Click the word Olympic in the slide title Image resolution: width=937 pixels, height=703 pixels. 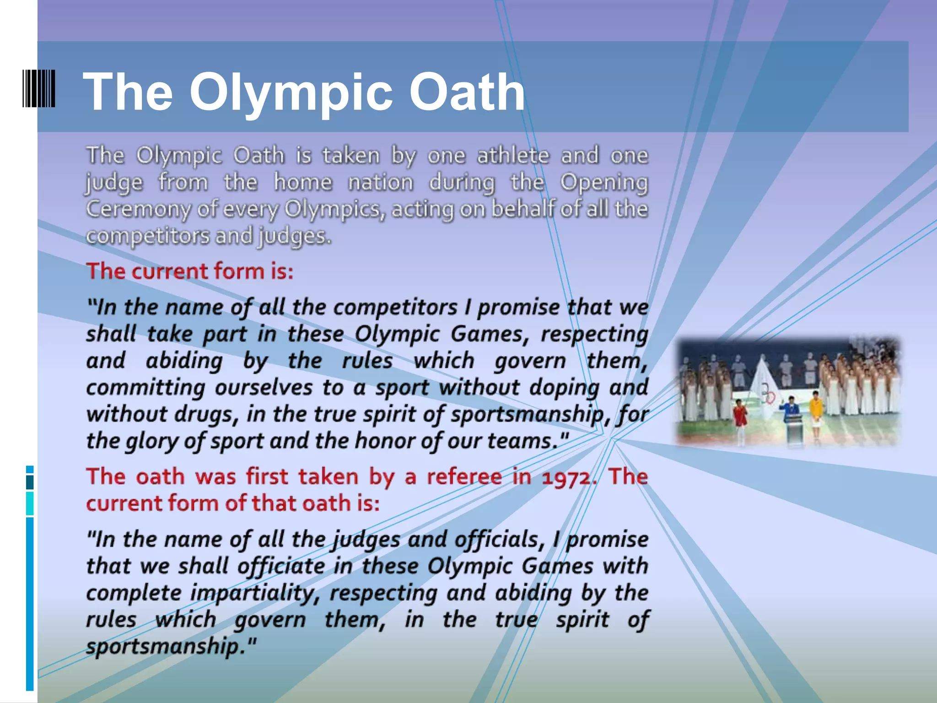(x=291, y=93)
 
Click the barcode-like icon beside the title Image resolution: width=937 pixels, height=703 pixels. (x=39, y=88)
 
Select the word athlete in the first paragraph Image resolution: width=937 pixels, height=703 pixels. (x=513, y=155)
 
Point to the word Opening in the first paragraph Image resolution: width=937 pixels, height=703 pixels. (x=604, y=183)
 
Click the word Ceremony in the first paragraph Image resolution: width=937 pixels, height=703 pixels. (x=137, y=209)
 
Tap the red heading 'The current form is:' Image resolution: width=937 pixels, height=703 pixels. (x=190, y=271)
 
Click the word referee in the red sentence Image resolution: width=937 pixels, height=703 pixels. (x=464, y=477)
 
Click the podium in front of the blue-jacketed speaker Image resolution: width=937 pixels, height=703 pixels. (x=794, y=428)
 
